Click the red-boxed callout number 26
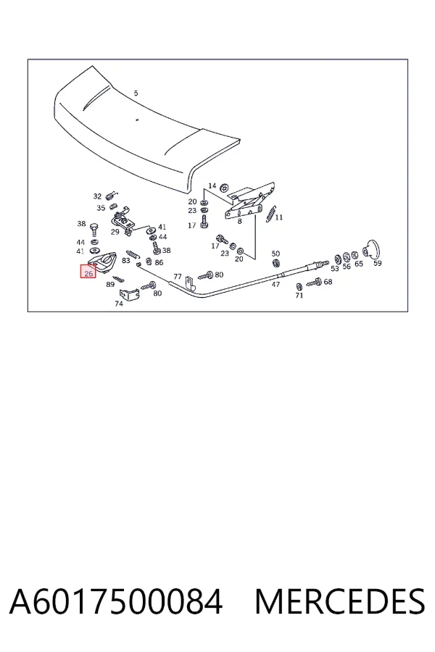coord(88,274)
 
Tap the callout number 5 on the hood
coord(136,93)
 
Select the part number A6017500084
coord(116,602)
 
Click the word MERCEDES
coord(340,602)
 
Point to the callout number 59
coord(377,263)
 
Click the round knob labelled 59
coord(371,249)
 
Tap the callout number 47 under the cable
coord(275,285)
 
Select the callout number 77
coord(178,276)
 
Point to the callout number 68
coord(328,282)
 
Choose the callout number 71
coord(299,296)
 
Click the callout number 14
coord(212,185)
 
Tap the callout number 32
coord(97,196)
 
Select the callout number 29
coord(115,232)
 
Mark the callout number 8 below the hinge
coord(239,221)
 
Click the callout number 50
coord(275,254)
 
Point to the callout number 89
coord(110,285)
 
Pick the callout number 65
coord(359,264)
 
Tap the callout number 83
coord(125,260)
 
